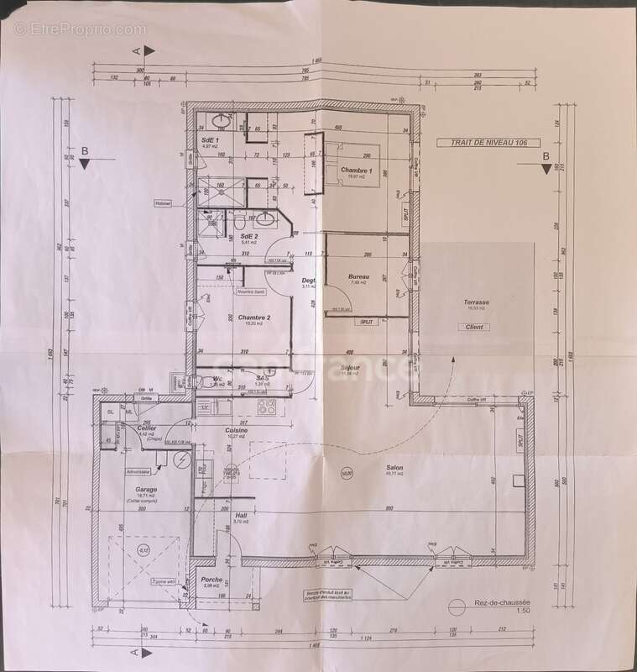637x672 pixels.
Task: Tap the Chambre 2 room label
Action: tap(253, 318)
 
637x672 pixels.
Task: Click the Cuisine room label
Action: tap(236, 430)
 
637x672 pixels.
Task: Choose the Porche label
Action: tap(212, 579)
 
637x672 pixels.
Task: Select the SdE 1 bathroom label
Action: tap(210, 139)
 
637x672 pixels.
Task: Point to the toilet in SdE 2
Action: tap(239, 223)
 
